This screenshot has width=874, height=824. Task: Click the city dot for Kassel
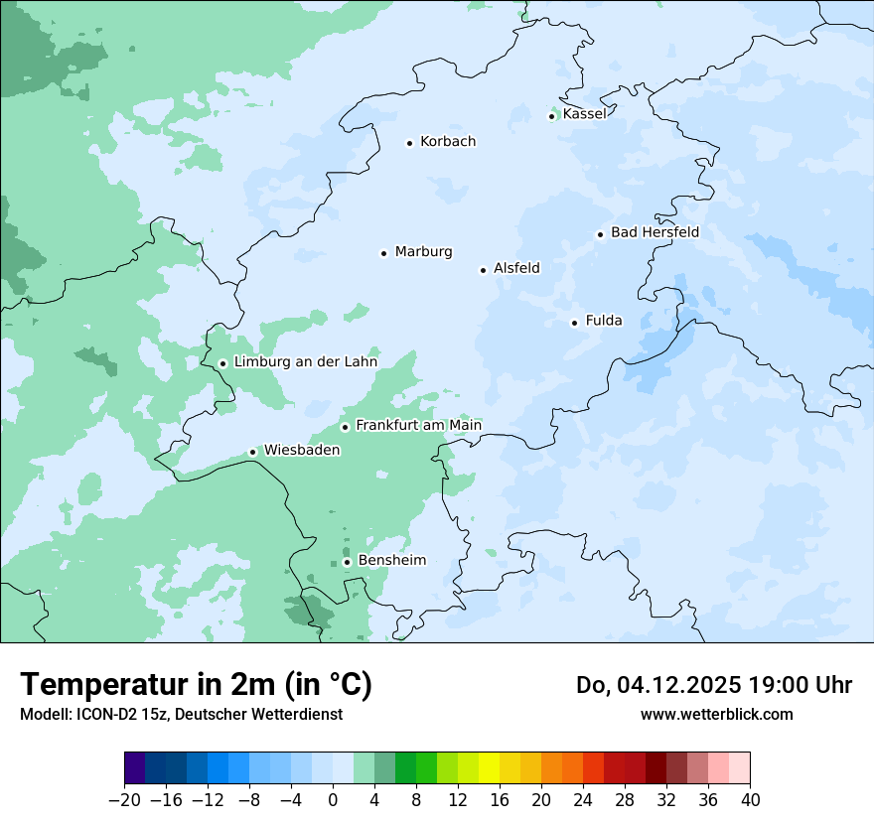[x=552, y=116]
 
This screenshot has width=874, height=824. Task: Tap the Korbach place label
[x=448, y=142]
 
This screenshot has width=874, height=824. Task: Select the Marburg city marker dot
[x=383, y=253]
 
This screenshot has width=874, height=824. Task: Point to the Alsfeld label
[x=516, y=268]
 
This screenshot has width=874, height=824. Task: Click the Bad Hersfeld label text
[x=655, y=233]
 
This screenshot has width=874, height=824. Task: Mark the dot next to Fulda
[x=574, y=323]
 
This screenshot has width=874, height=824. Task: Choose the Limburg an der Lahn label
[x=305, y=362]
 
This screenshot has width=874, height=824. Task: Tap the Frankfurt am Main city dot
[x=346, y=427]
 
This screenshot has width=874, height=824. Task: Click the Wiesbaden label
[x=302, y=451]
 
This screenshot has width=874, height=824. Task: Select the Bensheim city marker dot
[x=347, y=562]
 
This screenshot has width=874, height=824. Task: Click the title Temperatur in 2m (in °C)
[x=197, y=685]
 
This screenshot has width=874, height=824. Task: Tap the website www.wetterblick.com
[x=716, y=714]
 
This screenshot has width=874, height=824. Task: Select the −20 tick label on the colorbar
[x=125, y=800]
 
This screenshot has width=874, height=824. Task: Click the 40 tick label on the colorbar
[x=750, y=800]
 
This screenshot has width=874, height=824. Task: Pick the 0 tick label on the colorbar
[x=333, y=800]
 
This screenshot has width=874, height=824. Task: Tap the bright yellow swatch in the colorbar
[x=489, y=768]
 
